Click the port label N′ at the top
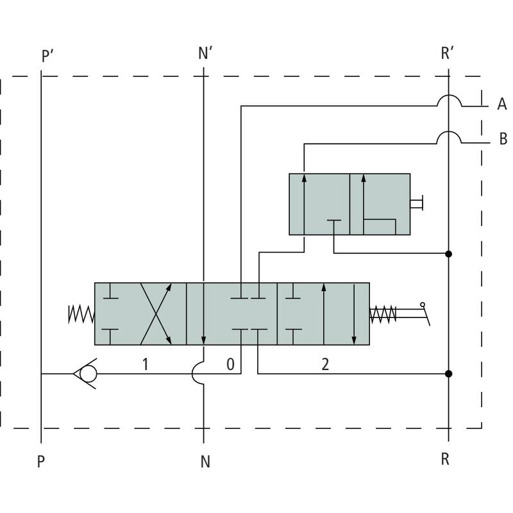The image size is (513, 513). [x=205, y=54]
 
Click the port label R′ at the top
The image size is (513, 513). [x=448, y=53]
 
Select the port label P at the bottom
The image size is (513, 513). [x=41, y=462]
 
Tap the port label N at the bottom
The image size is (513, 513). [x=205, y=462]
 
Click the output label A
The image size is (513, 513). [x=502, y=105]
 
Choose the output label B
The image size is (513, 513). [x=503, y=139]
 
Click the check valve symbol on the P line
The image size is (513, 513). [x=87, y=373]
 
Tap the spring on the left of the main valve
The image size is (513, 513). [x=81, y=314]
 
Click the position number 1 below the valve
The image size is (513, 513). [x=146, y=365]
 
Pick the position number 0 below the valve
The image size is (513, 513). [x=231, y=365]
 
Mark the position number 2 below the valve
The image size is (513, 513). [x=325, y=365]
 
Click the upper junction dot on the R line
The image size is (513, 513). [x=449, y=254]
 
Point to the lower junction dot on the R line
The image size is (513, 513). [x=449, y=373]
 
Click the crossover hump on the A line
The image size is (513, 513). [x=449, y=101]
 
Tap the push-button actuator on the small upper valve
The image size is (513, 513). [x=417, y=204]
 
